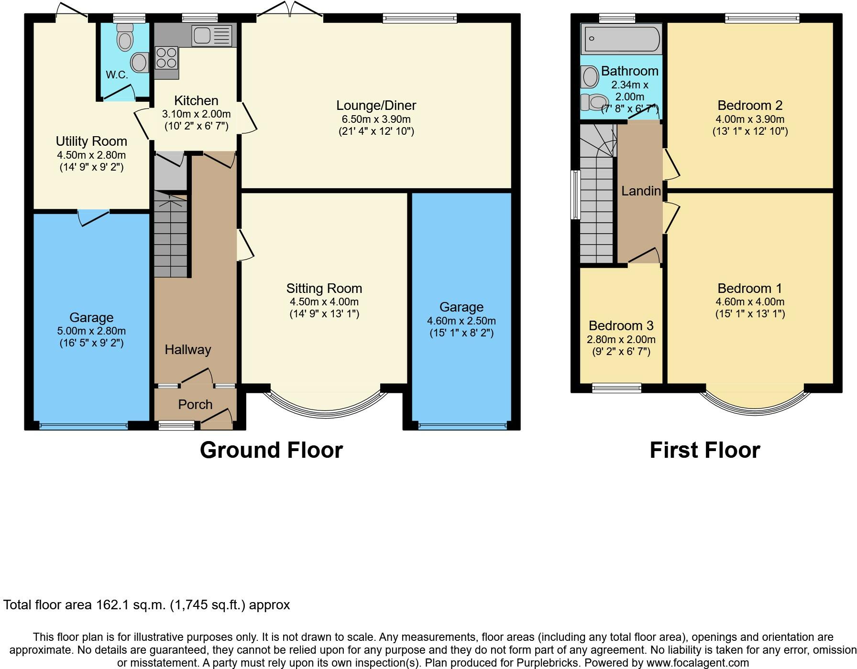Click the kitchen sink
pyautogui.click(x=211, y=35)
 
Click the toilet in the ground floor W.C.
pyautogui.click(x=125, y=37)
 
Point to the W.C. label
pyautogui.click(x=117, y=75)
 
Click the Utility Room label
pyautogui.click(x=91, y=141)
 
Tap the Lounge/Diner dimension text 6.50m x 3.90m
pyautogui.click(x=376, y=119)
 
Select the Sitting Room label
pyautogui.click(x=324, y=288)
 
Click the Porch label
pyautogui.click(x=195, y=404)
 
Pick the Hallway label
pyautogui.click(x=188, y=349)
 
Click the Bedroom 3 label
pyautogui.click(x=621, y=325)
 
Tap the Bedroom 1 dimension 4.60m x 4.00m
pyautogui.click(x=750, y=302)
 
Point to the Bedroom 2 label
pyautogui.click(x=750, y=105)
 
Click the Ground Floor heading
pyautogui.click(x=271, y=450)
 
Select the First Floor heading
pyautogui.click(x=705, y=450)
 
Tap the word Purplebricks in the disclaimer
pyautogui.click(x=546, y=663)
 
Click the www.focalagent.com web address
pyautogui.click(x=696, y=663)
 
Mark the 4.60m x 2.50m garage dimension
pyautogui.click(x=461, y=321)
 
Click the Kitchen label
pyautogui.click(x=196, y=100)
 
